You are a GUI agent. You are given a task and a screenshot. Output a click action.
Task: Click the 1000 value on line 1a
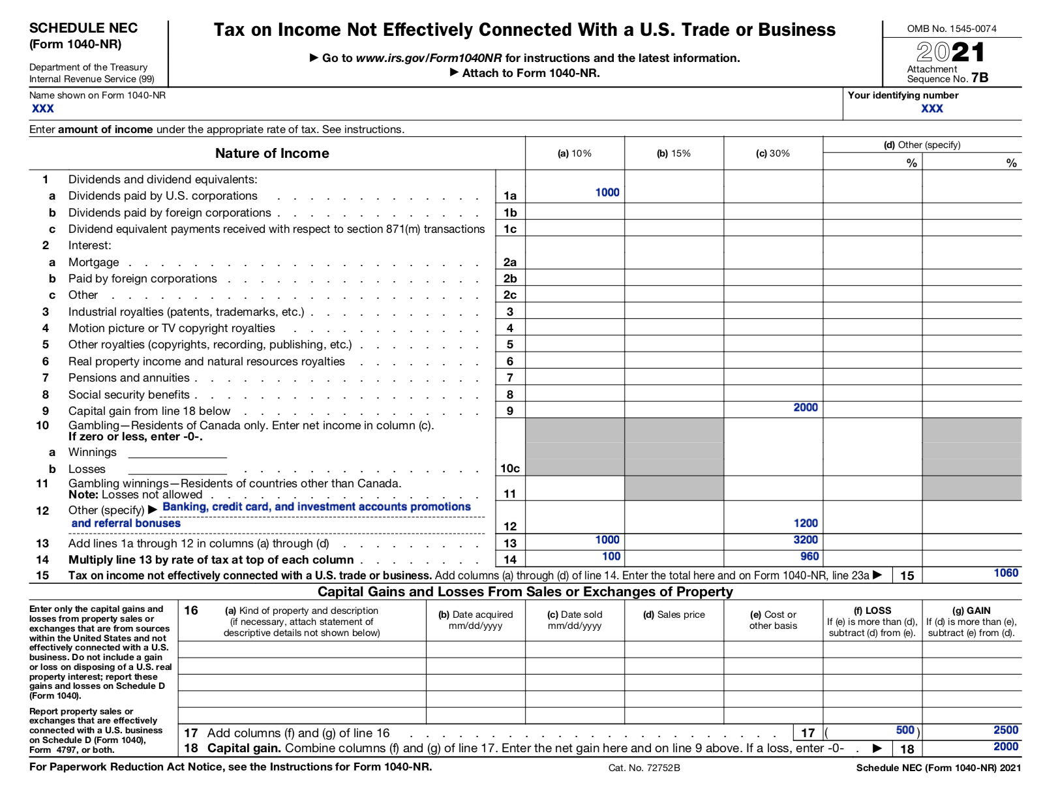click(607, 192)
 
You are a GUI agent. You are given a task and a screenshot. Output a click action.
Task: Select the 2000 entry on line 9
click(805, 408)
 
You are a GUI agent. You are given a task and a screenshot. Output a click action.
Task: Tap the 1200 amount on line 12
click(805, 523)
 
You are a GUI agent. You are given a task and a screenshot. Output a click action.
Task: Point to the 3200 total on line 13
click(805, 540)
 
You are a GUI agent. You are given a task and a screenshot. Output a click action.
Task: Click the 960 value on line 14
click(809, 556)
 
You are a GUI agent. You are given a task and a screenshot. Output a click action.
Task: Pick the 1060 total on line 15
click(1005, 573)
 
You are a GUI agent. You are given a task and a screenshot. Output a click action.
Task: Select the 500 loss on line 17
click(905, 730)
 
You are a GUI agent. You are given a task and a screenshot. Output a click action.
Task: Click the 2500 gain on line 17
click(1005, 730)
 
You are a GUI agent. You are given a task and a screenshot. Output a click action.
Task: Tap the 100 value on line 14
click(611, 556)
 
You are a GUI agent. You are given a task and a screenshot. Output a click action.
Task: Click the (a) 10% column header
click(574, 153)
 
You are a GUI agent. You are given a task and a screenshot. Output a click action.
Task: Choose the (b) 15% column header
click(673, 153)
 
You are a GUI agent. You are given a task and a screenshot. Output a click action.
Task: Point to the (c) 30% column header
click(772, 153)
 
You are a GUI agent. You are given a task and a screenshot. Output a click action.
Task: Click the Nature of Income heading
click(272, 153)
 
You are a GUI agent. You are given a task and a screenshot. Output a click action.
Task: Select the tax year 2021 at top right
click(950, 52)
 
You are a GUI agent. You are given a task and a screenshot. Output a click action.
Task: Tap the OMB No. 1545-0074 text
click(951, 29)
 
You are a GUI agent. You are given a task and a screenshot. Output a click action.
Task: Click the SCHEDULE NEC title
click(83, 28)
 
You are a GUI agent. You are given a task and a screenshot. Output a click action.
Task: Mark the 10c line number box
click(509, 468)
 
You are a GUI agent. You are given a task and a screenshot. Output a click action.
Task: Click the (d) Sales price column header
click(674, 615)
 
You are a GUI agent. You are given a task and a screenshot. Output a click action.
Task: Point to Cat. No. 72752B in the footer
click(644, 768)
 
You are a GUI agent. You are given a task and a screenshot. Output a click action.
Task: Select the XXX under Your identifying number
click(931, 108)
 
